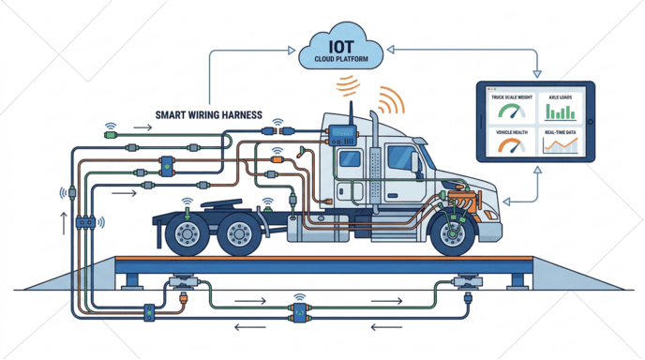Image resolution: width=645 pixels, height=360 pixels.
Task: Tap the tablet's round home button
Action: click(x=589, y=128)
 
